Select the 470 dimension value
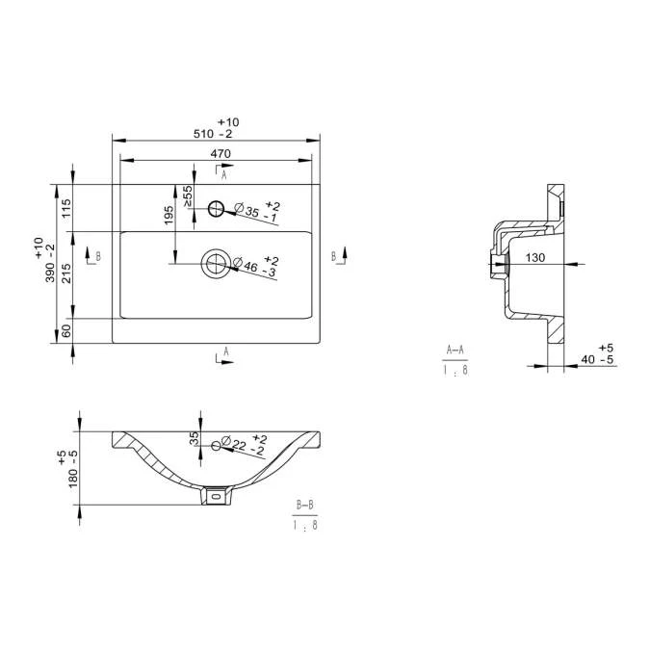220,154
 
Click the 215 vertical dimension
66,274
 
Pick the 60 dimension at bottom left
66,330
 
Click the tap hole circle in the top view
216,207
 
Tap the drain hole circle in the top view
217,263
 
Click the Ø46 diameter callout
258,268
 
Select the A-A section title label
456,351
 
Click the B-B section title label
305,505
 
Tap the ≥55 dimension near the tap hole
189,194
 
